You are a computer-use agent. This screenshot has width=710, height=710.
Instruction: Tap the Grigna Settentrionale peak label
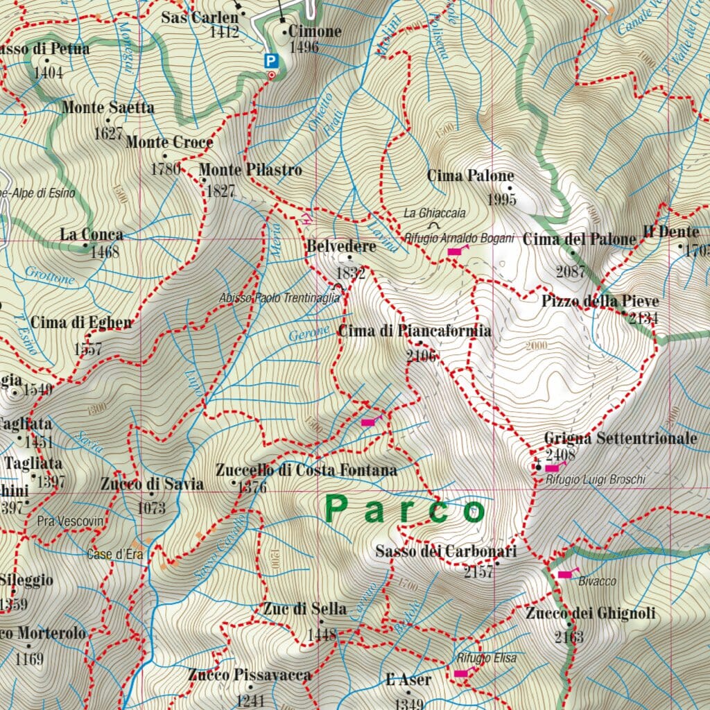[x=620, y=439]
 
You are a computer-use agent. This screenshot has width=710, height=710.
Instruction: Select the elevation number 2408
[x=561, y=455]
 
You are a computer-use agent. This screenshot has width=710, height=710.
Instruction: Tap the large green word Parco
[x=406, y=510]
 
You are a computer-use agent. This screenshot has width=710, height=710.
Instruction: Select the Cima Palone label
[x=471, y=176]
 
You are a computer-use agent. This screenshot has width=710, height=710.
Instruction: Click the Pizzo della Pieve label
[x=600, y=302]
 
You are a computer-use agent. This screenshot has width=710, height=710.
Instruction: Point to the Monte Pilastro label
[x=250, y=170]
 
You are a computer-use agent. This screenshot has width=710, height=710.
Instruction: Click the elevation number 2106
[x=422, y=356]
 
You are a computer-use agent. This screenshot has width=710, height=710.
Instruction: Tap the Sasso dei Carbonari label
[x=446, y=552]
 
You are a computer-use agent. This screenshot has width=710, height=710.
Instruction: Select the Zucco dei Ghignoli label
[x=589, y=614]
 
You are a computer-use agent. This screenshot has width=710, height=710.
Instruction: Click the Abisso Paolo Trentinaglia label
[x=280, y=297]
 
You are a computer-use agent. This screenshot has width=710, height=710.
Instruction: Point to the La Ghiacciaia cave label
[x=435, y=213]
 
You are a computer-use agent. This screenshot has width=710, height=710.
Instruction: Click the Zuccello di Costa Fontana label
[x=306, y=471]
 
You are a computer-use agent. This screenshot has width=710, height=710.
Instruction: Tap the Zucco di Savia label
[x=151, y=483]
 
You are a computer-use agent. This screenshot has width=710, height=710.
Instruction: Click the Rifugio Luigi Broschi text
[x=595, y=480]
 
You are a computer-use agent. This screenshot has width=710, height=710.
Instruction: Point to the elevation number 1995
[x=502, y=200]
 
